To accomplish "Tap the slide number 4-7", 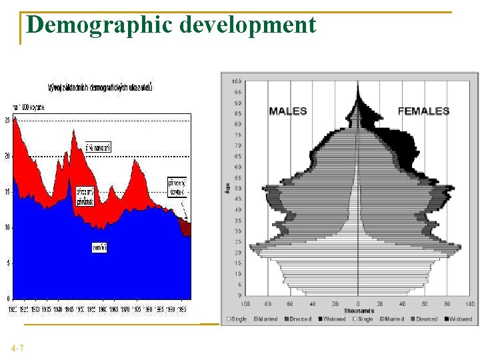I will tap(18, 348).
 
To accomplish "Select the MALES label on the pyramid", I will tap(288, 111).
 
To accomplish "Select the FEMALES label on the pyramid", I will tap(423, 111).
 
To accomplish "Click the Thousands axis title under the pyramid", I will tap(358, 311).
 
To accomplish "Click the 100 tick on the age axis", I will tap(236, 81).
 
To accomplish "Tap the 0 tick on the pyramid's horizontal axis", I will tap(358, 303).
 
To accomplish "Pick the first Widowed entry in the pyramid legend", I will tap(333, 319).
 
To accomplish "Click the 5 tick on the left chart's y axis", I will tap(7, 263).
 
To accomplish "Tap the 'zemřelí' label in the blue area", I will tap(99, 248).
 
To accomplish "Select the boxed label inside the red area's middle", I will tap(85, 196).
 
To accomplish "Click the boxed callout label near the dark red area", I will tap(176, 186).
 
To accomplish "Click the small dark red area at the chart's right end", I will tap(186, 227).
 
